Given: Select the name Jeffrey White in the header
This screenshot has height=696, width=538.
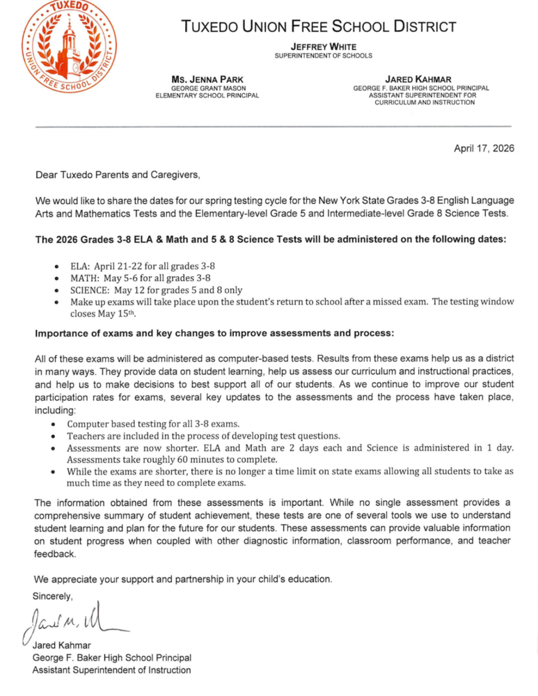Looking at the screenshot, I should click(323, 46).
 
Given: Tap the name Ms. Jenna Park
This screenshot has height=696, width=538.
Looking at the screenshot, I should click(207, 80).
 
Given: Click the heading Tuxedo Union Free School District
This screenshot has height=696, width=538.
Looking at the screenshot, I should click(318, 28).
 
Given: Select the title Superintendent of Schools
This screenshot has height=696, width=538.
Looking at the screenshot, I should click(323, 56).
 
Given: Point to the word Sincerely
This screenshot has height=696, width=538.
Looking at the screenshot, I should click(52, 596).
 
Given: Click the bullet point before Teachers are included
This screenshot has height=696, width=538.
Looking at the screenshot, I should click(56, 436).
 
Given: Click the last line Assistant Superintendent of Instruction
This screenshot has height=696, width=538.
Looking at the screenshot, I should click(111, 670).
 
